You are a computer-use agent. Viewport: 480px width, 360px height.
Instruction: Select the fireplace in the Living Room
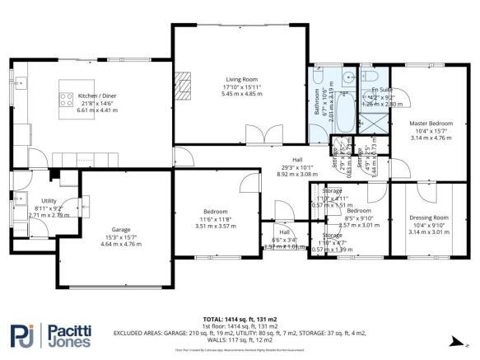tap(186, 81)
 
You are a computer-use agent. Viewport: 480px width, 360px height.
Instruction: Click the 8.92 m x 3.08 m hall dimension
tap(296, 175)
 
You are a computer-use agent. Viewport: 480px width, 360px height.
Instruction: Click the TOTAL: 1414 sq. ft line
tap(240, 318)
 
